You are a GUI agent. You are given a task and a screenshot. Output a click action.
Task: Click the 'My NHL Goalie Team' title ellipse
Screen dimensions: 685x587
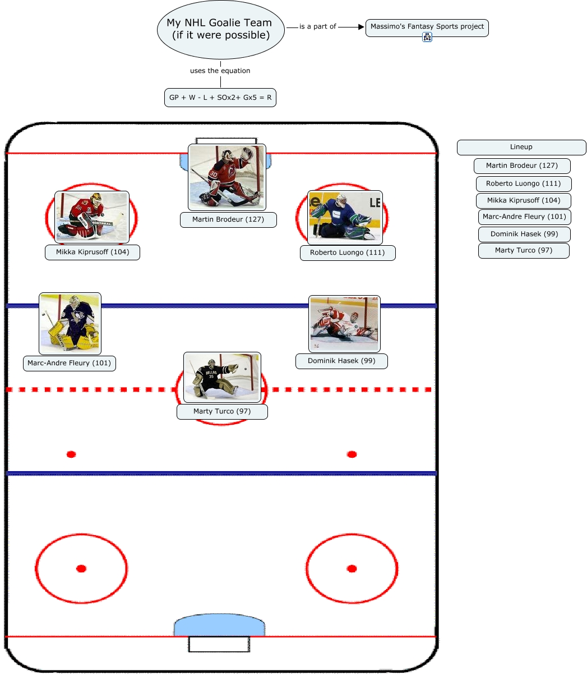[x=220, y=29]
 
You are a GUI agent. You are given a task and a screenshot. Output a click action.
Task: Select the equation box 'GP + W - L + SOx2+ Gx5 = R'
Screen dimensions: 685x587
[x=220, y=98]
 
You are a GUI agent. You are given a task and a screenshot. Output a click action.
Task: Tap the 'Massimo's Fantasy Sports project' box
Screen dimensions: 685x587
[x=427, y=27]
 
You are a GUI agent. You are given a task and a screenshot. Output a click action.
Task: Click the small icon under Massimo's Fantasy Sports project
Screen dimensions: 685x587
[x=427, y=38]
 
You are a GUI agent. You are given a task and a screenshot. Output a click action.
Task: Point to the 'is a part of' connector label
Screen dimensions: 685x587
[x=317, y=26]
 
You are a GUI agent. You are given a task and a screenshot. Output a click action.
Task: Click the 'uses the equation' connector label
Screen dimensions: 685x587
[x=220, y=71]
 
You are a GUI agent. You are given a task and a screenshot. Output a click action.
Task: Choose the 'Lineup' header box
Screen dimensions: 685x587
[x=521, y=147]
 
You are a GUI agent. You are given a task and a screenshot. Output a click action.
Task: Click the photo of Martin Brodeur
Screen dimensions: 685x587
[x=227, y=177]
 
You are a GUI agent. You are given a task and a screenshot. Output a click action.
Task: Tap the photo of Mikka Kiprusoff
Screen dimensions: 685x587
[x=91, y=217]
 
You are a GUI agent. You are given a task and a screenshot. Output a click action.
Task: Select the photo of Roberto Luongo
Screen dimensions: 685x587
[x=345, y=217]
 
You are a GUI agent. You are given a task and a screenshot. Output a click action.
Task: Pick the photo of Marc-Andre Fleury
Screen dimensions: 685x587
[x=70, y=323]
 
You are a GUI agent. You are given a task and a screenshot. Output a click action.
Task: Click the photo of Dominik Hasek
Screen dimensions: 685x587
[x=344, y=324]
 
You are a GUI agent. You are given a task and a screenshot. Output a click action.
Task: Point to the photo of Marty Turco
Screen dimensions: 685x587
[x=222, y=377]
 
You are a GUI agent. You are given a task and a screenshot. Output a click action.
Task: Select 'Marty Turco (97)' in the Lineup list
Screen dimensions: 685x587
[x=524, y=250]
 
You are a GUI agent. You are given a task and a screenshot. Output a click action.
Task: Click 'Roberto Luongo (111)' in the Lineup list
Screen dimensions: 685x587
[x=524, y=183]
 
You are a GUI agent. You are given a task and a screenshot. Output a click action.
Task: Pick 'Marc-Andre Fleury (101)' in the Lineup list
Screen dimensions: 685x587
[x=524, y=217]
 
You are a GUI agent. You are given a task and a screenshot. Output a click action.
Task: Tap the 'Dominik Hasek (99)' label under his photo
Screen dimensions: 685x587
[x=341, y=361]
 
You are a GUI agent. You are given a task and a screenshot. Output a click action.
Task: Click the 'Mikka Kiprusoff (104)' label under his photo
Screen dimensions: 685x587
[x=93, y=252]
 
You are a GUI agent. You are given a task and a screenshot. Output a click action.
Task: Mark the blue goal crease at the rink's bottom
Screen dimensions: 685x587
[x=219, y=627]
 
